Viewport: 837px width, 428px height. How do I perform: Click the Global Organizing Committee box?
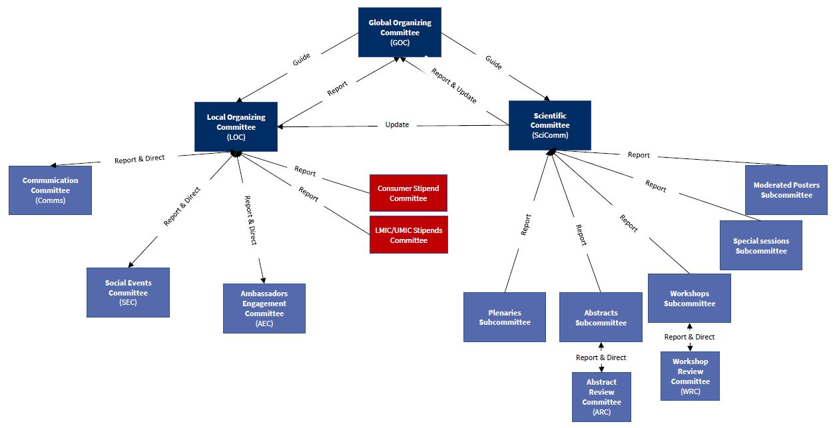(400, 32)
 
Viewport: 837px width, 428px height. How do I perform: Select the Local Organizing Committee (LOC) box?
(236, 126)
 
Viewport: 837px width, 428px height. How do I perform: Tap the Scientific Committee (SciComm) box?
(549, 125)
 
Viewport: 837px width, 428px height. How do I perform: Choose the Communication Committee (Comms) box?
(50, 190)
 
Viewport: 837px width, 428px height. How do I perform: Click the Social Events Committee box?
(128, 292)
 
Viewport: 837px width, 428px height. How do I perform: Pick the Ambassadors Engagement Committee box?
(264, 308)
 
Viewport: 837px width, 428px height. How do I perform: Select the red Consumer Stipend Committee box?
(408, 194)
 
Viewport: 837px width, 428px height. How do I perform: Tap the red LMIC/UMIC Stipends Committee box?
(408, 235)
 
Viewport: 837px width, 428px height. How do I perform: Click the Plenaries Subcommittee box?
(504, 317)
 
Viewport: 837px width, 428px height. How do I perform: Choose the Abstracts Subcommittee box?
(601, 317)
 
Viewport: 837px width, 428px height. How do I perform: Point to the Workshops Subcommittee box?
(689, 298)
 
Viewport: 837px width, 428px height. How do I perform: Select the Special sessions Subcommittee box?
(760, 246)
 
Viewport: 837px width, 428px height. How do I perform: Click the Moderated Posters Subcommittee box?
(786, 190)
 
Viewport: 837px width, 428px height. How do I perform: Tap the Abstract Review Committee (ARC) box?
(601, 397)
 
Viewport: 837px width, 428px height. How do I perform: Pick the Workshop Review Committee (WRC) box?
(690, 376)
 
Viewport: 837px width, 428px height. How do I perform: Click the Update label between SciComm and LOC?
(397, 124)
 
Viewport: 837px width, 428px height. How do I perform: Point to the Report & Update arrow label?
(454, 85)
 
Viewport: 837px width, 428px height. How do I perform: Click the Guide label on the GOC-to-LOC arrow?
(302, 60)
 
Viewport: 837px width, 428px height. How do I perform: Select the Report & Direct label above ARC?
(601, 357)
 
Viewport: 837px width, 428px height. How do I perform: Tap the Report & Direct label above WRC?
(689, 337)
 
